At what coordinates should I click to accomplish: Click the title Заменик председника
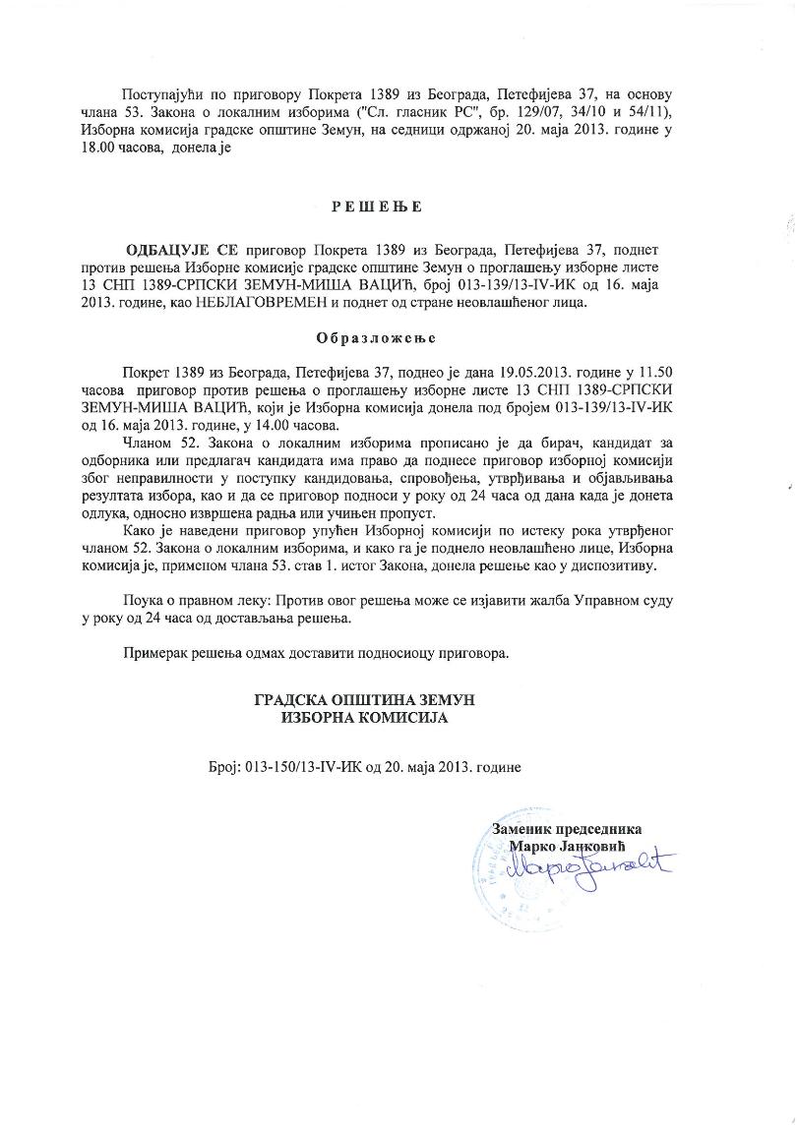567,830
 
